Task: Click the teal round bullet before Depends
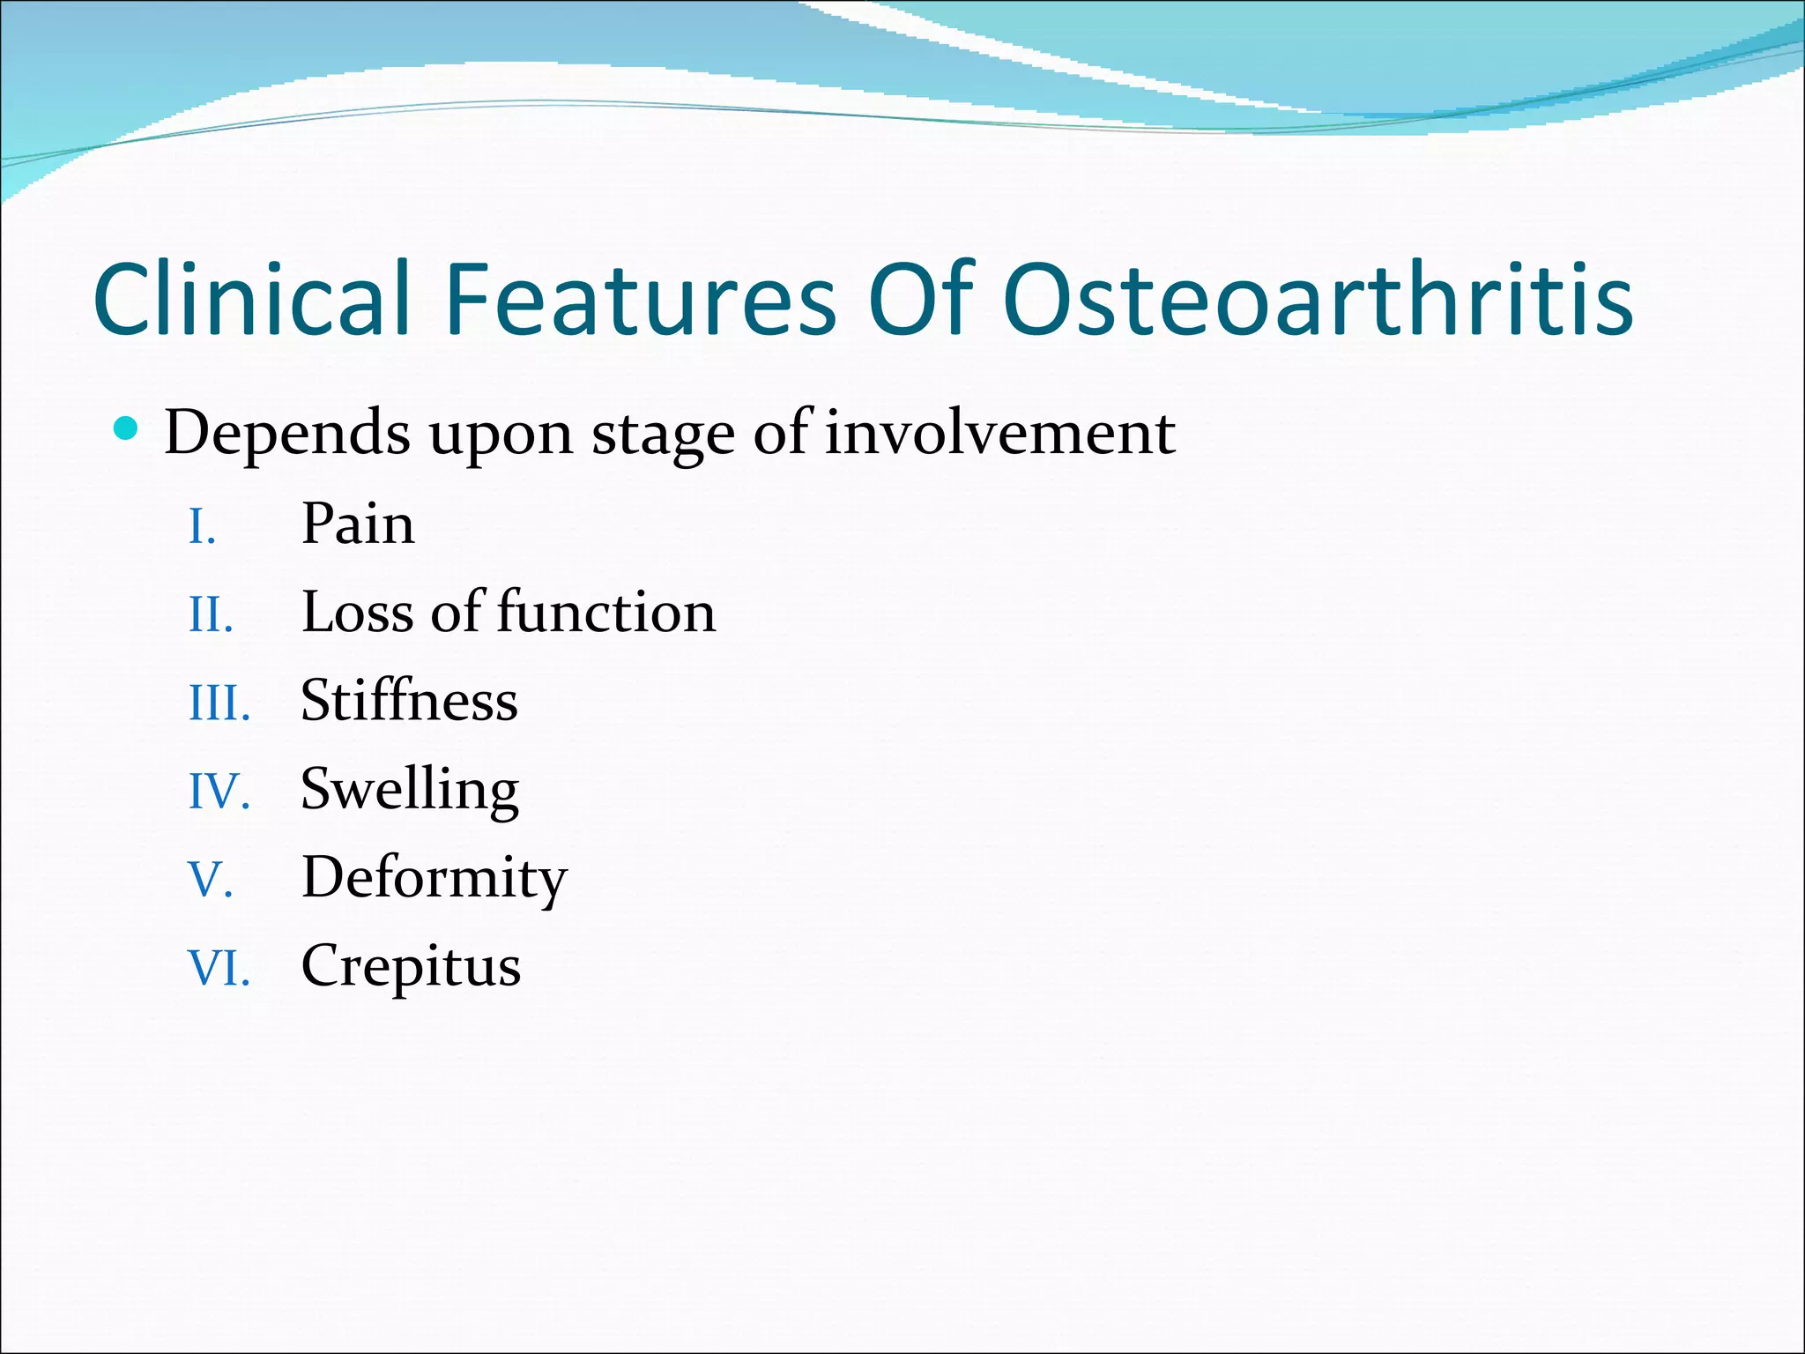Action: click(127, 429)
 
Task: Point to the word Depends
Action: click(287, 434)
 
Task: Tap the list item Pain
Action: click(357, 524)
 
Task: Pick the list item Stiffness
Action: click(409, 701)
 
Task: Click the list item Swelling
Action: click(410, 790)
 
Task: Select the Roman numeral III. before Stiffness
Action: click(219, 704)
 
